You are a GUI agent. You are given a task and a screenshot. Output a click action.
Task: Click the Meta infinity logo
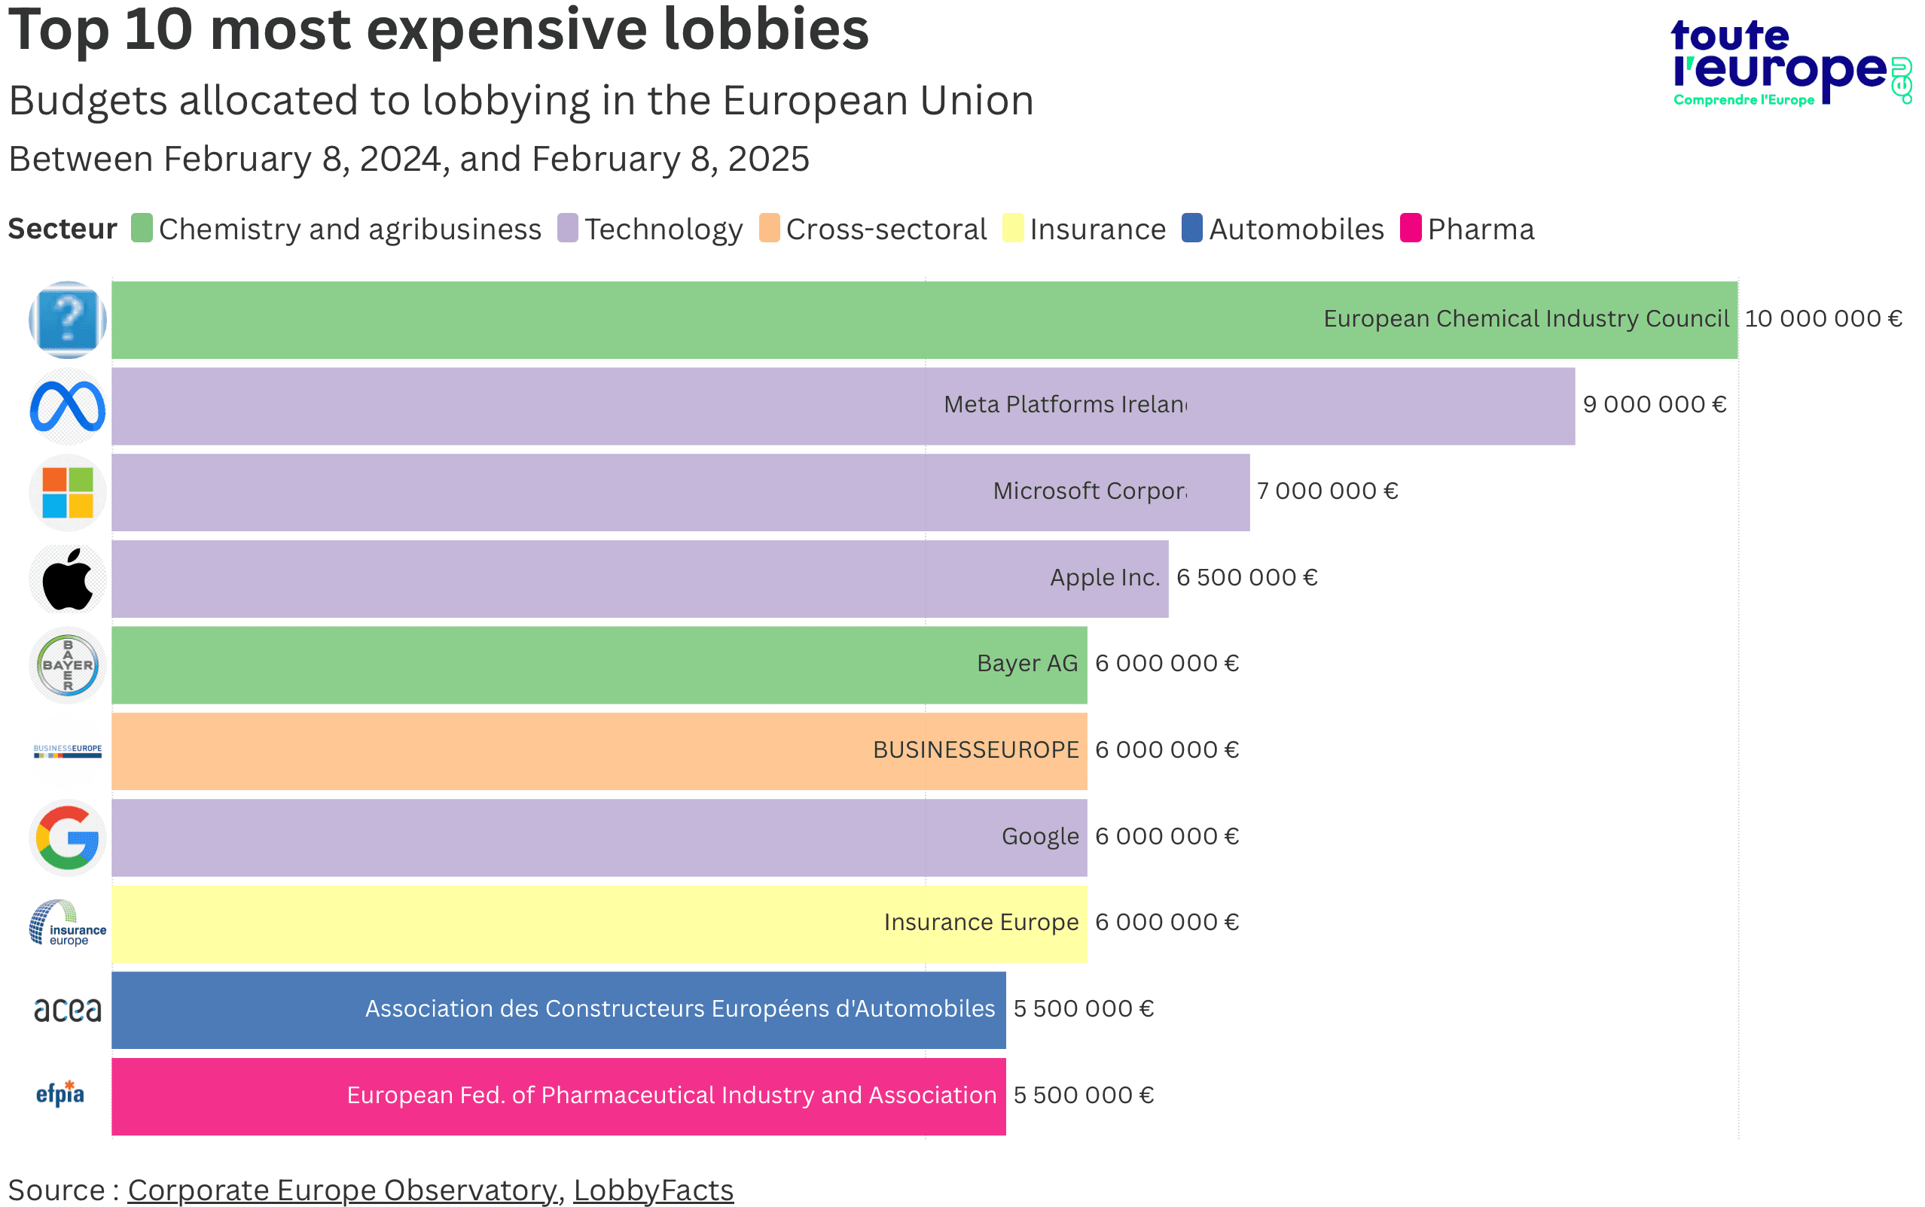point(68,406)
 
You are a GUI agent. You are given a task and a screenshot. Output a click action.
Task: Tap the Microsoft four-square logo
point(68,493)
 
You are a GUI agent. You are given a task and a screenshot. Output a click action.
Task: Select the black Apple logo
point(68,579)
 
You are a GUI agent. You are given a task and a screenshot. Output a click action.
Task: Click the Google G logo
point(68,838)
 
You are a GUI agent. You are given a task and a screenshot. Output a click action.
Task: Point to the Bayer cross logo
point(68,665)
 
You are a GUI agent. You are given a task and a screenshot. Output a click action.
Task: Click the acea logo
point(68,1010)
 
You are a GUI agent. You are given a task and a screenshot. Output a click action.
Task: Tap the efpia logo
point(60,1093)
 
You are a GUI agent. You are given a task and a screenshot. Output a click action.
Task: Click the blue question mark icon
point(68,319)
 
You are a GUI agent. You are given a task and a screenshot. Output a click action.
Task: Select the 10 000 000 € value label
point(1823,318)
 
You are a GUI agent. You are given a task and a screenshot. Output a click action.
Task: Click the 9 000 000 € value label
point(1654,405)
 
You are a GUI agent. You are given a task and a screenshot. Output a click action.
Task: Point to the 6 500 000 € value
point(1246,577)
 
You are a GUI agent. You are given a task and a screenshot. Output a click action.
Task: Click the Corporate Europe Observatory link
point(342,1190)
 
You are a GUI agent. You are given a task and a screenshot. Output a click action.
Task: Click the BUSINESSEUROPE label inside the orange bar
point(975,750)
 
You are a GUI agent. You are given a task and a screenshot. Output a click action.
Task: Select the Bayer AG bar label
point(1027,664)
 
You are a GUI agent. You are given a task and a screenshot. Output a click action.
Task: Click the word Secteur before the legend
point(63,229)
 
